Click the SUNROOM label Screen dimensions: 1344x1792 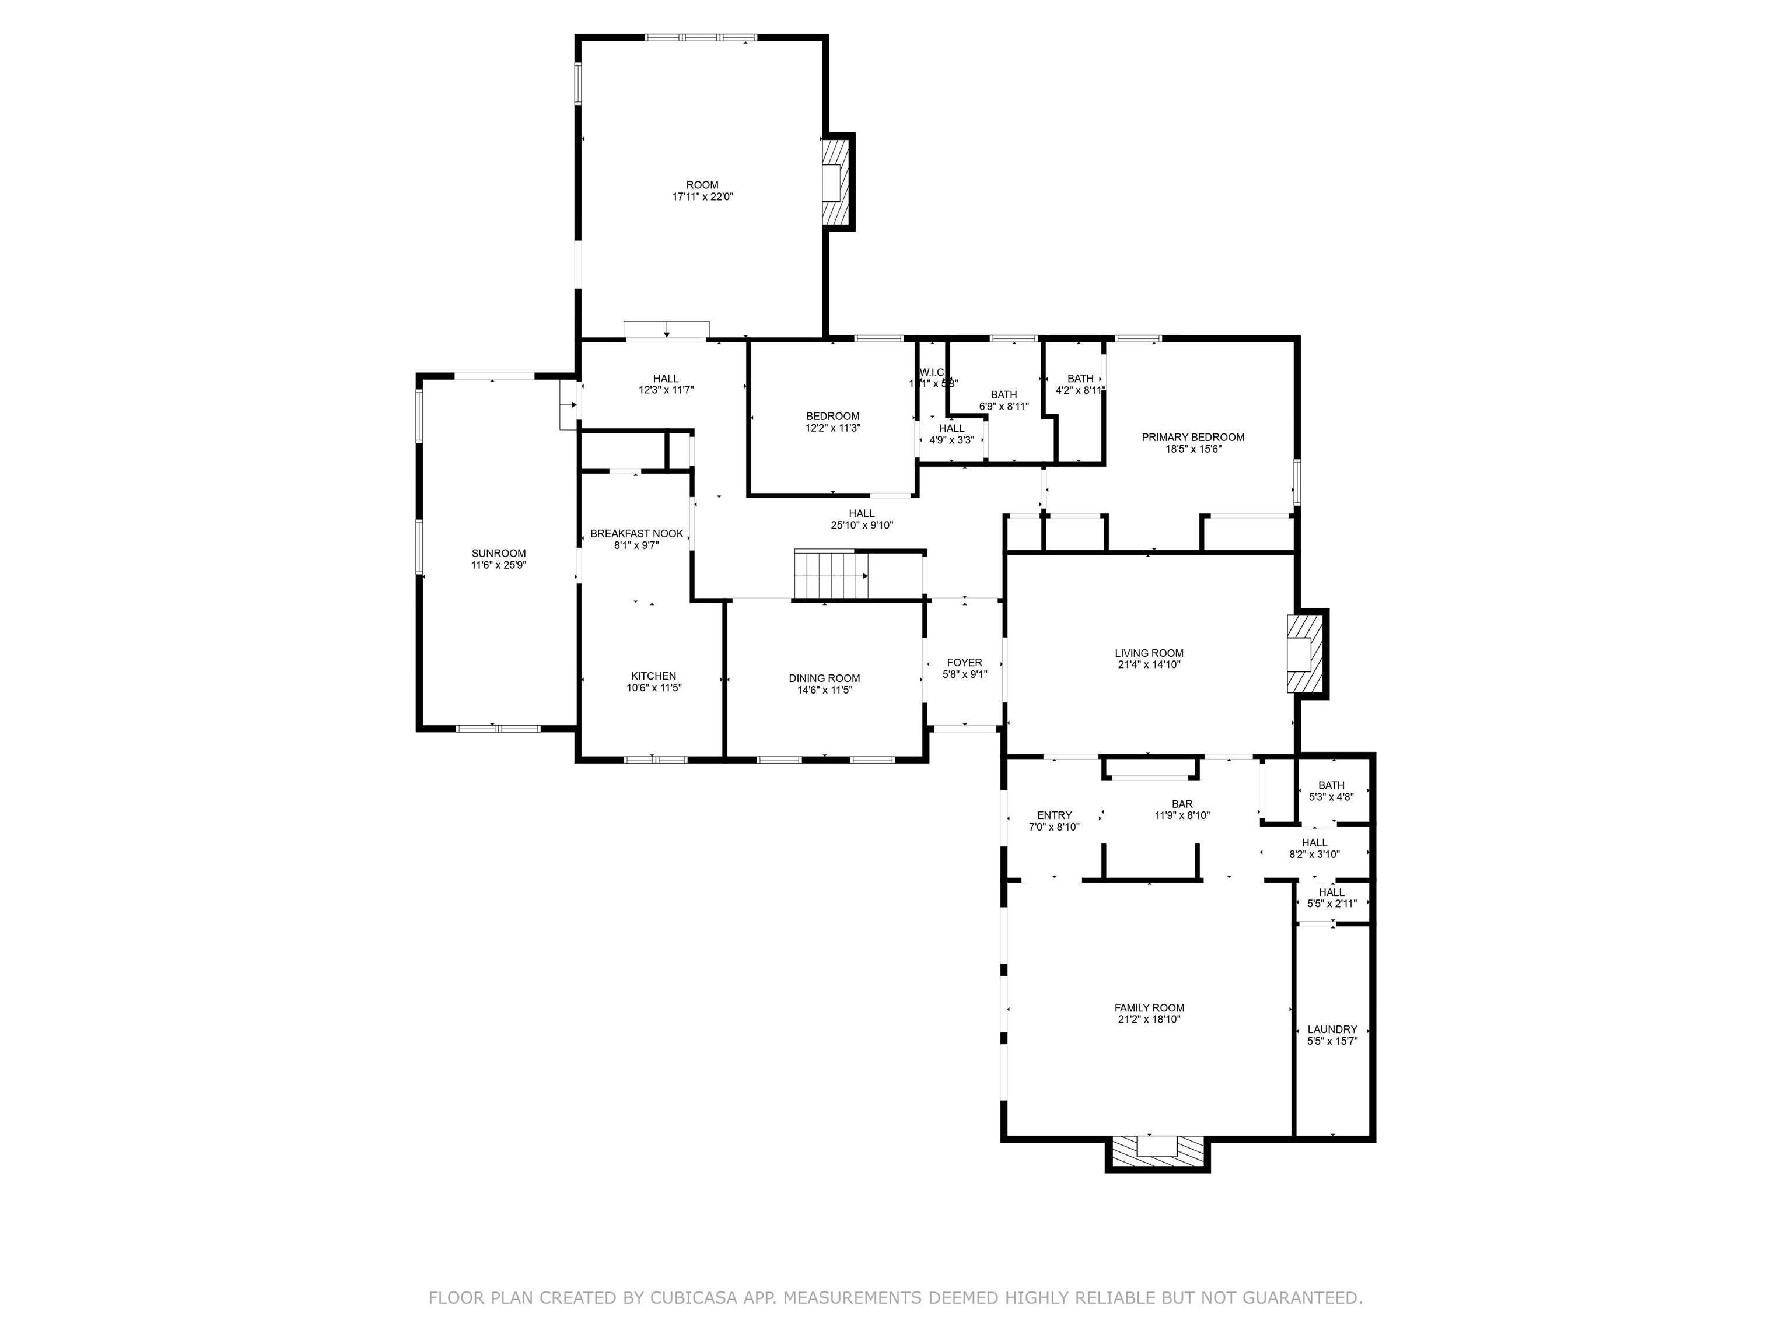[x=498, y=554]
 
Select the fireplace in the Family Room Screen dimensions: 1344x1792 [x=1156, y=1151]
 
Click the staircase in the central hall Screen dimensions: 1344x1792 [x=831, y=575]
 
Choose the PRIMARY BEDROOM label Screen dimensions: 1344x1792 [x=1192, y=437]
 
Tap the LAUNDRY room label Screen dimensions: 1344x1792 [x=1332, y=1030]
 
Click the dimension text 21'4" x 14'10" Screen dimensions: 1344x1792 [x=1149, y=665]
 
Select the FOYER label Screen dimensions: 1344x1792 [x=964, y=663]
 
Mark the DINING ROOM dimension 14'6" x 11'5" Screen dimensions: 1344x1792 [x=825, y=690]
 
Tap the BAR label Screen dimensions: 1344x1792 [x=1182, y=804]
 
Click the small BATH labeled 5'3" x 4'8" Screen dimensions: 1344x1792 [x=1331, y=785]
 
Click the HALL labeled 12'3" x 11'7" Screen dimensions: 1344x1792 [x=666, y=379]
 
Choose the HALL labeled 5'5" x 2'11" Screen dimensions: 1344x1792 [x=1331, y=892]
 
